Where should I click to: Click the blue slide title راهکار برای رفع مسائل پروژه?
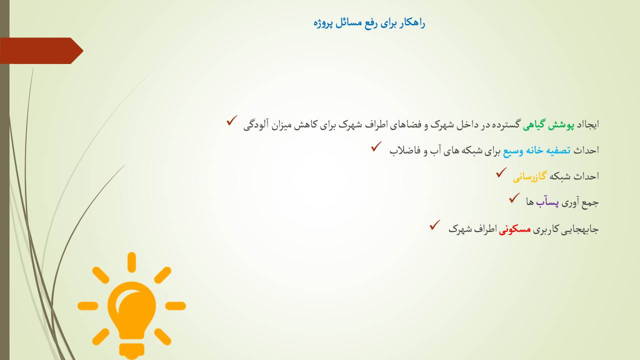pyautogui.click(x=369, y=23)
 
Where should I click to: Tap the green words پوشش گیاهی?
pyautogui.click(x=548, y=125)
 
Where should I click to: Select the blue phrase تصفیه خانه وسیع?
pyautogui.click(x=537, y=150)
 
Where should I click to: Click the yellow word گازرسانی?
pyautogui.click(x=529, y=176)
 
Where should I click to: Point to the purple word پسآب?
pyautogui.click(x=547, y=202)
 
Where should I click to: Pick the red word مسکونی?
pyautogui.click(x=515, y=229)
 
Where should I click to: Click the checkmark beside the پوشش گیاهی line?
pyautogui.click(x=231, y=120)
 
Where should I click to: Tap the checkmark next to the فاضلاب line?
pyautogui.click(x=376, y=146)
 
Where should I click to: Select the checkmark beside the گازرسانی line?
pyautogui.click(x=501, y=172)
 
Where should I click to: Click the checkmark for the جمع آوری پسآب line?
pyautogui.click(x=514, y=198)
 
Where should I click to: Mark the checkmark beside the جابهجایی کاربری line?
pyautogui.click(x=434, y=225)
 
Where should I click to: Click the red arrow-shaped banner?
pyautogui.click(x=41, y=51)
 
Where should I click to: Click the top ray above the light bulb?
pyautogui.click(x=131, y=262)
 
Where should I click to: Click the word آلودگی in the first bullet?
pyautogui.click(x=256, y=125)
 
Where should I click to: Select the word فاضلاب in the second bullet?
pyautogui.click(x=405, y=150)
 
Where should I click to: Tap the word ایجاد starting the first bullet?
pyautogui.click(x=587, y=125)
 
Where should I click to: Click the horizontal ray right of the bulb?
pyautogui.click(x=175, y=306)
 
